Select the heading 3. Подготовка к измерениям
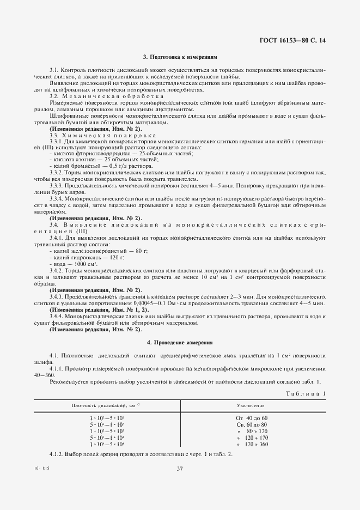180,56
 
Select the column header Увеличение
251,406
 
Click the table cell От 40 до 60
251,417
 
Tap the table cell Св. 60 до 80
251,424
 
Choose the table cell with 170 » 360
251,444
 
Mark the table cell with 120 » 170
251,438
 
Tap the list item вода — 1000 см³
76,263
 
